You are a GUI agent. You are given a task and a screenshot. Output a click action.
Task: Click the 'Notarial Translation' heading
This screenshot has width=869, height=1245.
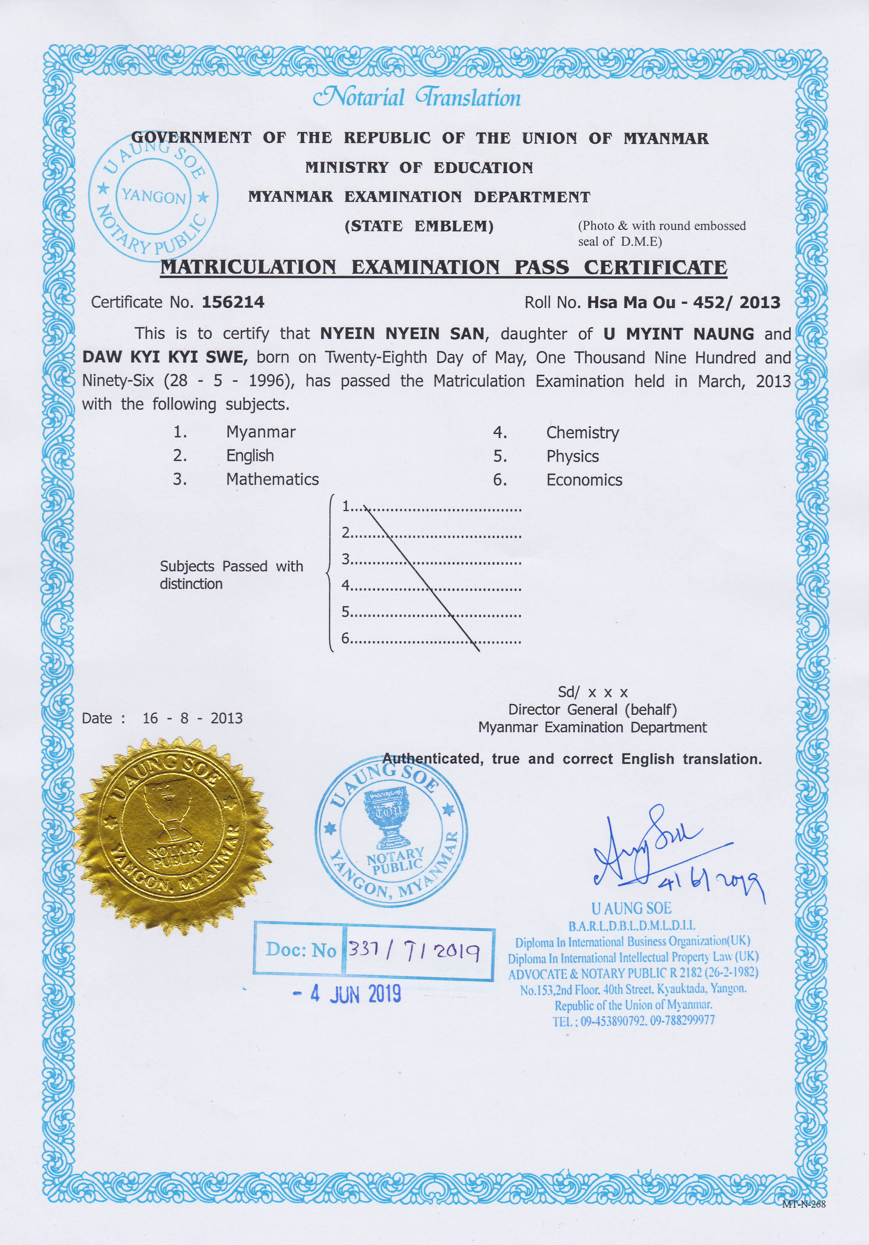pos(417,98)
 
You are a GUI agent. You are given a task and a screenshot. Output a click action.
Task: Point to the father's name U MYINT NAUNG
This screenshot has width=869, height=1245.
pos(679,334)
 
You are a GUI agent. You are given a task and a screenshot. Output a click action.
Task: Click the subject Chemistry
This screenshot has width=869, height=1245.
pos(582,433)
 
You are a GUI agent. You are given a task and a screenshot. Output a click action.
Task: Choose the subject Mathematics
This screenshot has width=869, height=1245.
pos(272,479)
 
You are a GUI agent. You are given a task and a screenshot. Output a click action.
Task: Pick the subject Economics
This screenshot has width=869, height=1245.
pos(584,480)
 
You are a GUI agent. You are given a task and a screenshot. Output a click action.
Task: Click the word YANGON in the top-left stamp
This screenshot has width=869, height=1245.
pos(153,196)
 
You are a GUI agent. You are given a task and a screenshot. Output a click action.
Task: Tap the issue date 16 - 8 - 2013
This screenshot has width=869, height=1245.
pos(192,718)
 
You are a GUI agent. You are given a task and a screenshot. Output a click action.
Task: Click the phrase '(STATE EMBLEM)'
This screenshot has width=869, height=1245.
pos(419,226)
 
